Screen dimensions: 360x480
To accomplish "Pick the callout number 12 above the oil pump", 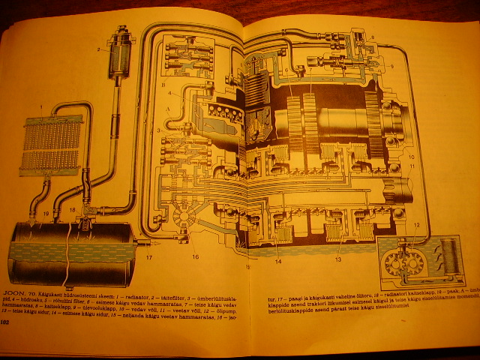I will [416, 225].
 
